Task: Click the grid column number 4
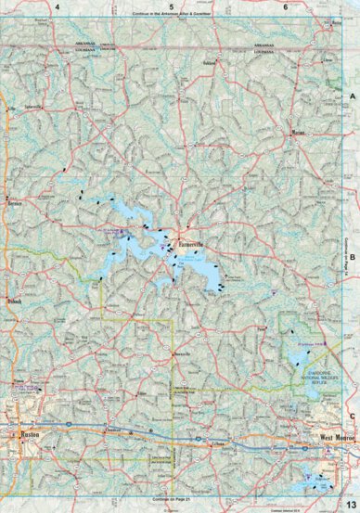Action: point(58,7)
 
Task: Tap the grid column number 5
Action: point(172,7)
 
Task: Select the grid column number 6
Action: point(286,7)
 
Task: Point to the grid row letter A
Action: point(353,96)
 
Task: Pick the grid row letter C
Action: point(353,417)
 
